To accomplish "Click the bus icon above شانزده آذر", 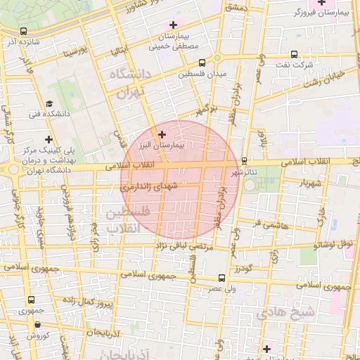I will click(25, 31).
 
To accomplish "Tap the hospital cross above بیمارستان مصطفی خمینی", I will click(174, 25).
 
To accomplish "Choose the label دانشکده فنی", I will click(44, 112).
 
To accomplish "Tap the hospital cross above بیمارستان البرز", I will click(162, 134).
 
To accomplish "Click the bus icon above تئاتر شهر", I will click(244, 160).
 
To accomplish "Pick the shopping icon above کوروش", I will click(37, 325).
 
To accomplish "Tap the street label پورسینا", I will click(73, 53).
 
